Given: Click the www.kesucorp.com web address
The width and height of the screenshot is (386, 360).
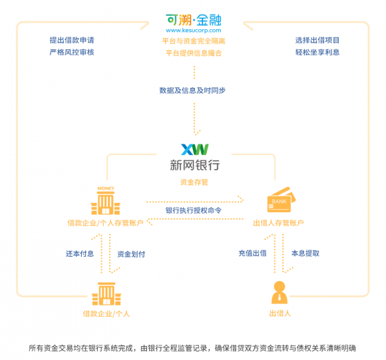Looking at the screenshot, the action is click(194, 30).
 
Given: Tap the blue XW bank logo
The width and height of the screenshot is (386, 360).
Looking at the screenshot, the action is click(195, 149).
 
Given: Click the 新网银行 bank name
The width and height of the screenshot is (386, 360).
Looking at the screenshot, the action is click(195, 165).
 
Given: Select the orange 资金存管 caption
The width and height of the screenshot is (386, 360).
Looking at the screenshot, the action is click(194, 182).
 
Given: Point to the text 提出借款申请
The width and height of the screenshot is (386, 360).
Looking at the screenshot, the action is click(72, 40).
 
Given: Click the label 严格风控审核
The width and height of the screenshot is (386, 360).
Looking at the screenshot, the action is click(72, 52).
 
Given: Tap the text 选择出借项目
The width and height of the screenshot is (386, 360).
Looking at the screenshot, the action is click(317, 40).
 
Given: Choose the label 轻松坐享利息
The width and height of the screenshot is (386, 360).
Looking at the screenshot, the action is click(317, 52).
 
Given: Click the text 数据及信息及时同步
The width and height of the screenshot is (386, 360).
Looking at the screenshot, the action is click(192, 90).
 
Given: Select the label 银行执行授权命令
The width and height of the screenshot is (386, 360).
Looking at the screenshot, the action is click(194, 210).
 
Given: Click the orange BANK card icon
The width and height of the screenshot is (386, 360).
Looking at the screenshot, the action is click(281, 200).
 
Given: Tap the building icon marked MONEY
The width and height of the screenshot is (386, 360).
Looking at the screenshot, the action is click(106, 200).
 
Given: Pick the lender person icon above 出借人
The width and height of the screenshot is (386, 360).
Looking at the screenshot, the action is click(280, 292).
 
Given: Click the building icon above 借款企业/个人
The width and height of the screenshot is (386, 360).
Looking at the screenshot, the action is click(106, 294).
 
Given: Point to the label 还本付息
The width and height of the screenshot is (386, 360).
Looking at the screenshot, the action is click(80, 254).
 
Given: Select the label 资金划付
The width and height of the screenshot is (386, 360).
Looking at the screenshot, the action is click(131, 254).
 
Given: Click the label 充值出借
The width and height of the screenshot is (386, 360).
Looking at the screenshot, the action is click(253, 254).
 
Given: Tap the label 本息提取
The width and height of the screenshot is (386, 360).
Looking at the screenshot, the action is click(305, 254).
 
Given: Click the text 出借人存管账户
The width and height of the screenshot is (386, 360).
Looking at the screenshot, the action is click(278, 223).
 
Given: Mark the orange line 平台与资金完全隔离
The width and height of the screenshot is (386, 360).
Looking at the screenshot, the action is click(194, 41).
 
